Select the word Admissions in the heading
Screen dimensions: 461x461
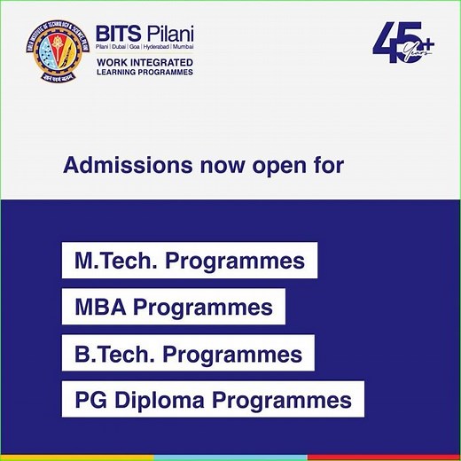click(x=122, y=166)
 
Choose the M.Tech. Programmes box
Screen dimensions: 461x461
click(x=190, y=262)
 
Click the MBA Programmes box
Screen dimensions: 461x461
click(x=174, y=308)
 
